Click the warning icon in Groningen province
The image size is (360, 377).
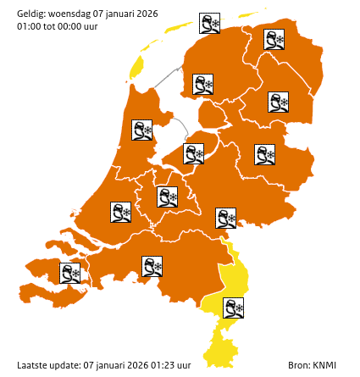[x=274, y=40]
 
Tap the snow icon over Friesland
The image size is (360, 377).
[x=203, y=84]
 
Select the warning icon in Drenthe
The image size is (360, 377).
[x=278, y=103]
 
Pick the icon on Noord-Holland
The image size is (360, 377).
[x=142, y=130]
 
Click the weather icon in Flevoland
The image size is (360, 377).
[x=195, y=153]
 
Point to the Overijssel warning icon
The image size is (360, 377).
[x=265, y=154]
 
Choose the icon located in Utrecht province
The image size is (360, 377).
[x=168, y=197]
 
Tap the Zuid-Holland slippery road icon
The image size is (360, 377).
[x=121, y=212]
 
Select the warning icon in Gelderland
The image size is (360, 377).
[x=226, y=218]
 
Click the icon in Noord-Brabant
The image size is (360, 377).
[x=152, y=267]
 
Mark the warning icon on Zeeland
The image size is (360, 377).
[x=69, y=273]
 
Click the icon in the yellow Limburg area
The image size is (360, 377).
[x=233, y=307]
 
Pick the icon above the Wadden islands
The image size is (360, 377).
[x=209, y=23]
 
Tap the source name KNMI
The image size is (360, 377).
[x=324, y=365]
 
